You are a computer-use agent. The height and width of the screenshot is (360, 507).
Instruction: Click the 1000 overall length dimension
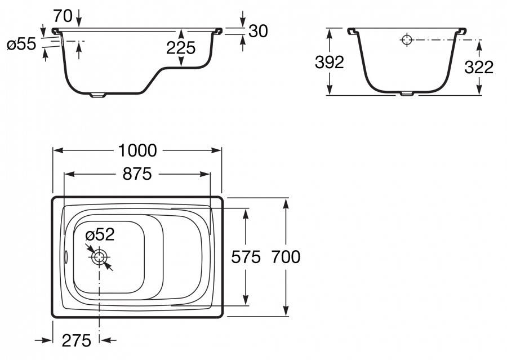pos(137,150)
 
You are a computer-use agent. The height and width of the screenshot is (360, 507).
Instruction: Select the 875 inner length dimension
pos(137,174)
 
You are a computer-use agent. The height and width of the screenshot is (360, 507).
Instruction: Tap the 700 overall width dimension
pos(286,257)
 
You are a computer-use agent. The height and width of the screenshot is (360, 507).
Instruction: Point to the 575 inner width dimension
pos(246,257)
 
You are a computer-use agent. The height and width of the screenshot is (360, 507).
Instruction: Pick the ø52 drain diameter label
pos(100,234)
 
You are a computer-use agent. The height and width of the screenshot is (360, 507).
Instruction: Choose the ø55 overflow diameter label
pos(21,45)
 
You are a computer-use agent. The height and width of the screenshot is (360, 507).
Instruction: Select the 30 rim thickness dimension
pos(257,31)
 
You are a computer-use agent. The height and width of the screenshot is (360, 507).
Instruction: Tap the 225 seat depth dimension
pos(180,48)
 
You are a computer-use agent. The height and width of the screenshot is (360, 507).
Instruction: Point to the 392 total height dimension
pos(330,63)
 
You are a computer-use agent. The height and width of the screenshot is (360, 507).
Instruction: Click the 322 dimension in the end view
pos(479,67)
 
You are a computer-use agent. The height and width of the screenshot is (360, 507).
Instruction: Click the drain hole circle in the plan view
pos(99,257)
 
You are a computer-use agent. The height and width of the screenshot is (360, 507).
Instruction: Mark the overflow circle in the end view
pos(407,39)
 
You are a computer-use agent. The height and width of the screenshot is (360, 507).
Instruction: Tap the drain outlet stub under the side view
pos(98,95)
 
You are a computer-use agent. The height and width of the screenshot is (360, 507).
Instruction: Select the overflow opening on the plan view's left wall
pos(66,257)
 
